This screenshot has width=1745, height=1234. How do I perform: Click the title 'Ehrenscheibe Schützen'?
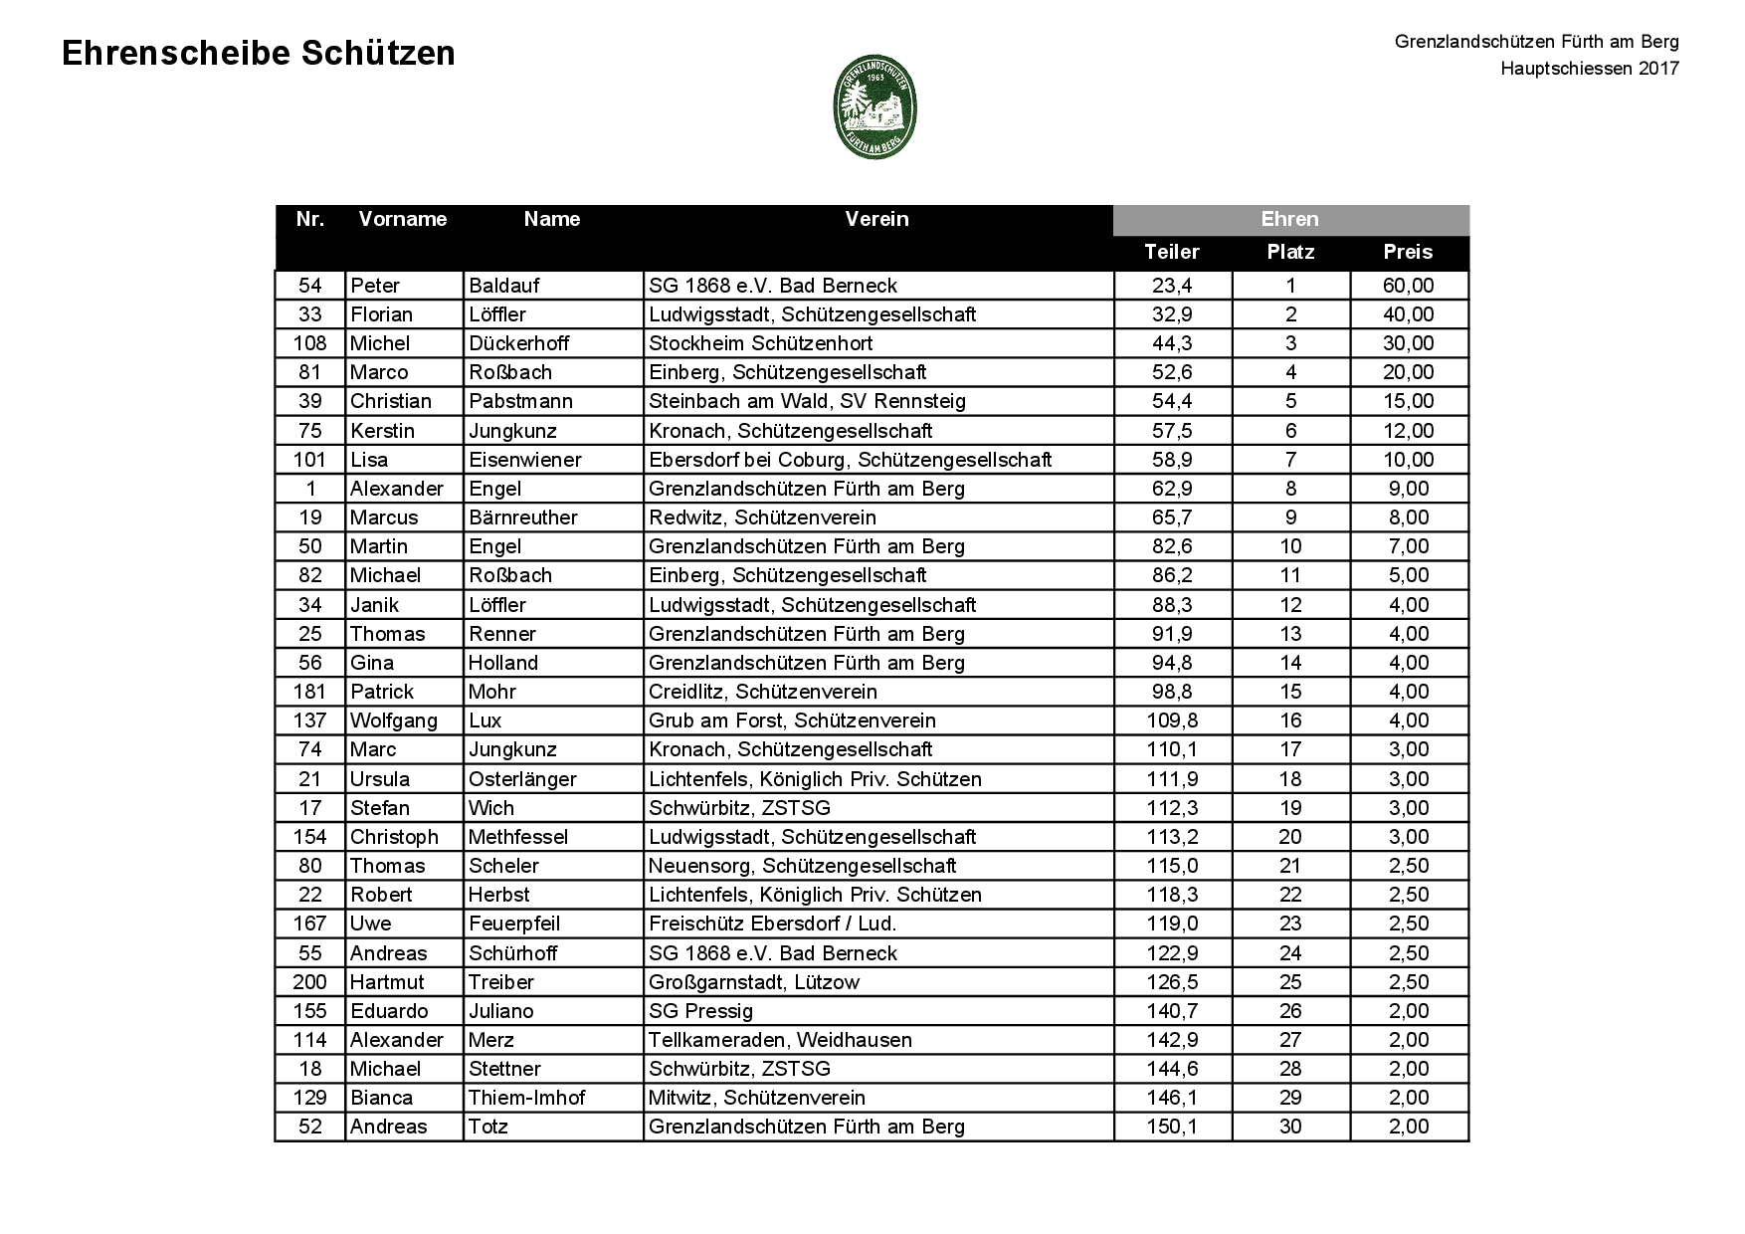point(259,54)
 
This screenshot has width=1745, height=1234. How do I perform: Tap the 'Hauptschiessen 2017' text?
point(1589,69)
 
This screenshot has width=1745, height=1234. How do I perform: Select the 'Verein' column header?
point(876,219)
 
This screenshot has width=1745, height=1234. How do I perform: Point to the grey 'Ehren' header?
point(1289,219)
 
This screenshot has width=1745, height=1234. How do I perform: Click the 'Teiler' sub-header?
point(1172,252)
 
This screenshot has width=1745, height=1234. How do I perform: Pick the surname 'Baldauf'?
point(504,286)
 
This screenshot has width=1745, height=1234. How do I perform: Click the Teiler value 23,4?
point(1172,286)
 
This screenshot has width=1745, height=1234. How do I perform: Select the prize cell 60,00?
point(1408,286)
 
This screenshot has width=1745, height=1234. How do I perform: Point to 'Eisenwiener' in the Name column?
point(525,460)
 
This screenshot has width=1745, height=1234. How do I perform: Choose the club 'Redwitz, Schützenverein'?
point(762,517)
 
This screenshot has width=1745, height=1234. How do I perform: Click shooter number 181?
point(309,692)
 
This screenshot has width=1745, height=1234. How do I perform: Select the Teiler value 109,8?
point(1172,720)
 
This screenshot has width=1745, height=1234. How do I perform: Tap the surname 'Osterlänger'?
point(522,779)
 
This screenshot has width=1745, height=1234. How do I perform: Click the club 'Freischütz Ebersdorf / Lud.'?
point(772,924)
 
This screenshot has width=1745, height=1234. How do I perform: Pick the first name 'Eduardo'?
point(389,1011)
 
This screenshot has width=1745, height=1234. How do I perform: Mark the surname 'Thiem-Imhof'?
point(526,1098)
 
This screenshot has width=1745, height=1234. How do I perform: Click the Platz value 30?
point(1290,1127)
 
